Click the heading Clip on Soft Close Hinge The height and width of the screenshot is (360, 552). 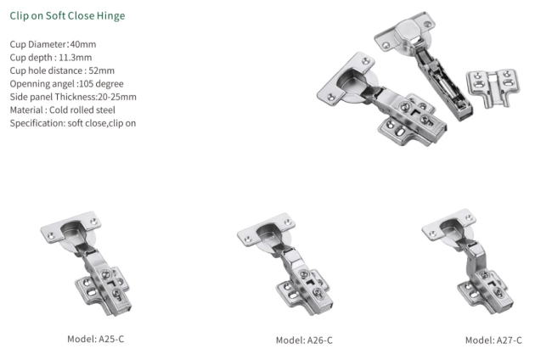67,16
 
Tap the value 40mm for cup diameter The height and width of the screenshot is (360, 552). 83,44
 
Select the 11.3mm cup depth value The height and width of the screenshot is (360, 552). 76,58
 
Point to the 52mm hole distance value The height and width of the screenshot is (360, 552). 101,70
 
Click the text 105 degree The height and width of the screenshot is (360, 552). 101,84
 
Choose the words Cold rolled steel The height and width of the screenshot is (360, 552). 82,110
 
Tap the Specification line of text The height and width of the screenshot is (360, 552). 73,123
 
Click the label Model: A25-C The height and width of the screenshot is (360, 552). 95,339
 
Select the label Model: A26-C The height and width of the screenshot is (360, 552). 304,340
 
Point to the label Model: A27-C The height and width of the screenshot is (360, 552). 493,340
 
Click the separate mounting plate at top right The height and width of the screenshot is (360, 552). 493,88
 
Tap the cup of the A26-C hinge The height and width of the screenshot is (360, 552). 270,233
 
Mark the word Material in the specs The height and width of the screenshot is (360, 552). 26,110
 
